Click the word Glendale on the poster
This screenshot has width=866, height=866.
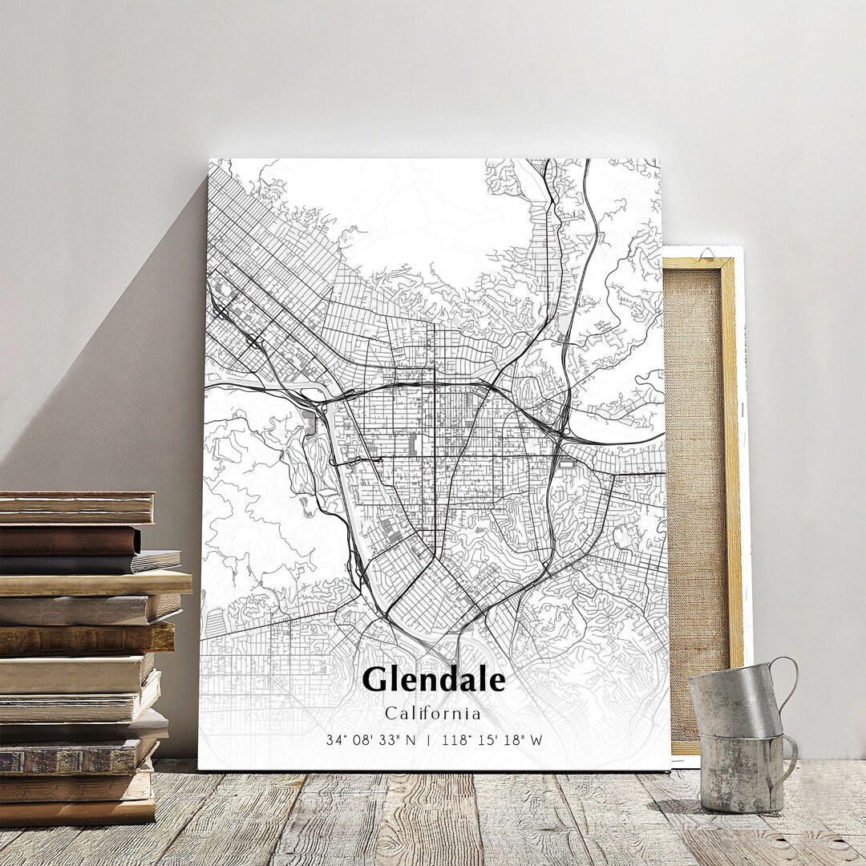(x=433, y=680)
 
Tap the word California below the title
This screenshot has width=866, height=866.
(x=433, y=713)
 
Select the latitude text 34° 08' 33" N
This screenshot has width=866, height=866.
(x=370, y=740)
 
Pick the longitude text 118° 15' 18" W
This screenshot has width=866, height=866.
(x=491, y=740)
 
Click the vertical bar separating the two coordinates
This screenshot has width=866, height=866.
(x=429, y=740)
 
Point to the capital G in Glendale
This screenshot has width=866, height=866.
(x=375, y=680)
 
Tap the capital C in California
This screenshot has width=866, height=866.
(x=390, y=713)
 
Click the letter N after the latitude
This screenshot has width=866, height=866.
(x=411, y=740)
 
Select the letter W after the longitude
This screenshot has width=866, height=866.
(x=536, y=740)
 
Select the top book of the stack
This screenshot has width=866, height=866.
(x=76, y=507)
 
